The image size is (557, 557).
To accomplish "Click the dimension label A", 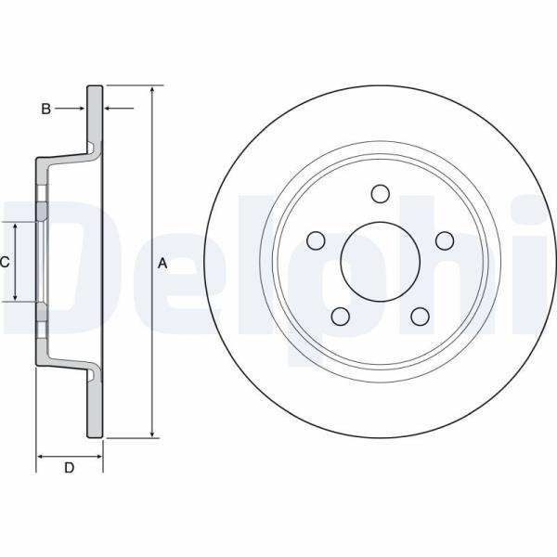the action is pyautogui.click(x=162, y=264).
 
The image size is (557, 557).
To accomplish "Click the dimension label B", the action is pyautogui.click(x=46, y=109).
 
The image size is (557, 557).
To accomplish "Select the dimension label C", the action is pyautogui.click(x=5, y=262).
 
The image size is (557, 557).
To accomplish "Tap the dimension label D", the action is pyautogui.click(x=70, y=468).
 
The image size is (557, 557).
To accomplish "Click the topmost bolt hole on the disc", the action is pyautogui.click(x=380, y=194).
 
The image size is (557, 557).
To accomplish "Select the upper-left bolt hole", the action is pyautogui.click(x=316, y=240).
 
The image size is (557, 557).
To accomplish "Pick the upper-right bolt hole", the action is pyautogui.click(x=445, y=240).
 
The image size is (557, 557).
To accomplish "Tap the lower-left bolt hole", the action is pyautogui.click(x=341, y=317).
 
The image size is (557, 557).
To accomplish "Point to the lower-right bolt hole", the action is pyautogui.click(x=420, y=317).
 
